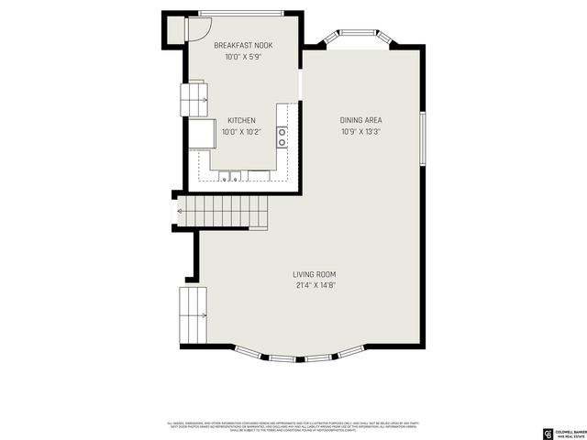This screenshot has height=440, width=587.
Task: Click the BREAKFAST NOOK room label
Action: (x=243, y=45)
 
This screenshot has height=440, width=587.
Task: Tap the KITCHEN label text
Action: (x=242, y=120)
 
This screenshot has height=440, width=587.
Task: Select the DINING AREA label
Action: (x=360, y=120)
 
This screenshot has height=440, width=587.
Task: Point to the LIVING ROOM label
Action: (x=315, y=274)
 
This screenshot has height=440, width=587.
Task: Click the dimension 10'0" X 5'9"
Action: (x=243, y=57)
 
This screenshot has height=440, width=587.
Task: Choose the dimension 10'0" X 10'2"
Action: (x=242, y=131)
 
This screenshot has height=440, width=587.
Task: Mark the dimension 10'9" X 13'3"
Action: (x=360, y=131)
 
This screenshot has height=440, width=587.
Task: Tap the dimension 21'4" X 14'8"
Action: (x=315, y=285)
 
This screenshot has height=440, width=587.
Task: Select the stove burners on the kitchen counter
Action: (x=282, y=137)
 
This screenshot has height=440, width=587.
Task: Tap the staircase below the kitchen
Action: (x=221, y=212)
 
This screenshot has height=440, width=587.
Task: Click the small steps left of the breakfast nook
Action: (x=194, y=93)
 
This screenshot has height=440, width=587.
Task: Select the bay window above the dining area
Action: (x=357, y=39)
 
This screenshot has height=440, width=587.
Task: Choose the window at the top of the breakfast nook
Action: (x=242, y=13)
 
